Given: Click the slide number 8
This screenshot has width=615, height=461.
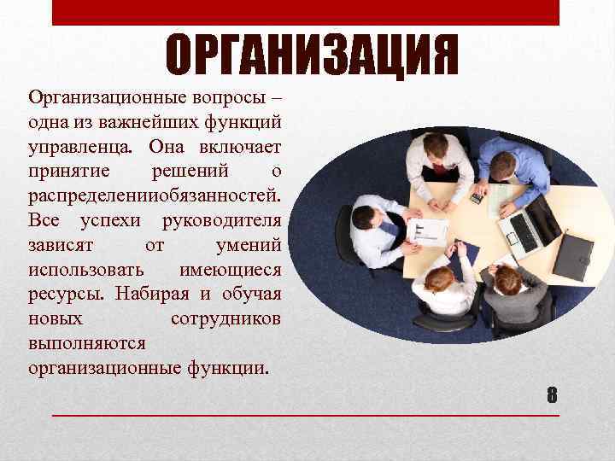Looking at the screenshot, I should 552,395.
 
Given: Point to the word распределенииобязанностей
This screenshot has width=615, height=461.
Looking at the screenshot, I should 154,195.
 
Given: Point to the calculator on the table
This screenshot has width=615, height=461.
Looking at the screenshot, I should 477,198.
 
